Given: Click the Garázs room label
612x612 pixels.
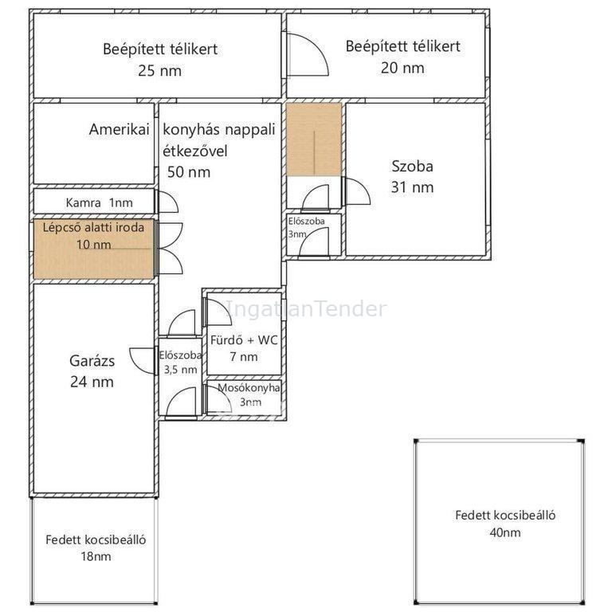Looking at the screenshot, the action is pyautogui.click(x=92, y=361).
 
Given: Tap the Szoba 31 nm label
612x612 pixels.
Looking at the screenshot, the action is pyautogui.click(x=412, y=177).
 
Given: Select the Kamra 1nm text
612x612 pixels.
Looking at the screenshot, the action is pyautogui.click(x=99, y=202).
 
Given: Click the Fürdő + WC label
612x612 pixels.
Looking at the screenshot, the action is pyautogui.click(x=244, y=340).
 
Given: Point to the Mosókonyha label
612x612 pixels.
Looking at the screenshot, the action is pyautogui.click(x=249, y=387).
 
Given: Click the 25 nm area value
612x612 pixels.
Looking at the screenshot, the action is pyautogui.click(x=159, y=71).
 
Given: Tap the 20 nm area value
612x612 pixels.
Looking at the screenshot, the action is pyautogui.click(x=402, y=68).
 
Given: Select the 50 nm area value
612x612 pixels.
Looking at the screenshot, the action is pyautogui.click(x=189, y=172).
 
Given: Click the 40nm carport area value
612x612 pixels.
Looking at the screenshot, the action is pyautogui.click(x=505, y=532).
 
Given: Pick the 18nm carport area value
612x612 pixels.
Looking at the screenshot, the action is pyautogui.click(x=96, y=556).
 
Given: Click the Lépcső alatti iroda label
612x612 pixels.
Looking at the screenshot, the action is pyautogui.click(x=93, y=227).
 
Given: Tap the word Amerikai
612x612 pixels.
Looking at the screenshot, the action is pyautogui.click(x=119, y=129).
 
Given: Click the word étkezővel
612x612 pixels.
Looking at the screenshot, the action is pyautogui.click(x=194, y=151).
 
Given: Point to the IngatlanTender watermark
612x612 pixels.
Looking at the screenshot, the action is pyautogui.click(x=306, y=308).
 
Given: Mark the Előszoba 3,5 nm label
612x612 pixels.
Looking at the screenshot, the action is pyautogui.click(x=180, y=363).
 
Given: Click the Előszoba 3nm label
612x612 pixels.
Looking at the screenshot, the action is pyautogui.click(x=306, y=227).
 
